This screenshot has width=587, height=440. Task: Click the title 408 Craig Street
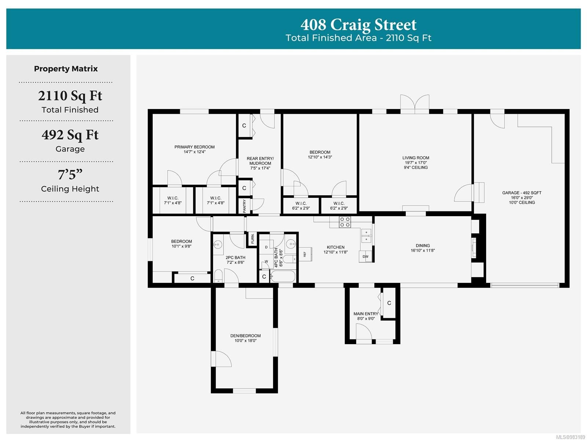coord(358,25)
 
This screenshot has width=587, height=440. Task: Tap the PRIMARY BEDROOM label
coord(194,147)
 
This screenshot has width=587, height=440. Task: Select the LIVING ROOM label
coord(416,158)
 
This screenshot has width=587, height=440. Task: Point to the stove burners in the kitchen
coord(345,222)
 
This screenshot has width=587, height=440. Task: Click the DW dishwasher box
coord(365,256)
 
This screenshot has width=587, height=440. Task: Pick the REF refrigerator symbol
coord(305,254)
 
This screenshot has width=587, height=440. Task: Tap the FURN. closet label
coord(252,239)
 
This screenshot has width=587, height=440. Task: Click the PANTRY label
coord(244,206)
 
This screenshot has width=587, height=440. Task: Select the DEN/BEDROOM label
coord(245,336)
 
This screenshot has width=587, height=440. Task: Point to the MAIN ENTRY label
coord(365,314)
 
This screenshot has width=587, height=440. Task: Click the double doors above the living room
coord(415,104)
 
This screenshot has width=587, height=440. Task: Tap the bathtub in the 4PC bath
coord(282,276)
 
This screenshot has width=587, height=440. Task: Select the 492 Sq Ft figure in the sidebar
coord(70,135)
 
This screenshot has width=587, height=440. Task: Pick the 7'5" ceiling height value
coord(70,174)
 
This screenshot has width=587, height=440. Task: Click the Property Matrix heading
coord(66,69)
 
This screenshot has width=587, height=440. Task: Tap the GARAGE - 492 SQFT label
coord(521,193)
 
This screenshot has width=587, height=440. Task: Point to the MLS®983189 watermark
coord(570,437)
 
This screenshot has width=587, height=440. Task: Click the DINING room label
coord(423,246)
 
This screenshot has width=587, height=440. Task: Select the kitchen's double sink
coord(366,236)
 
